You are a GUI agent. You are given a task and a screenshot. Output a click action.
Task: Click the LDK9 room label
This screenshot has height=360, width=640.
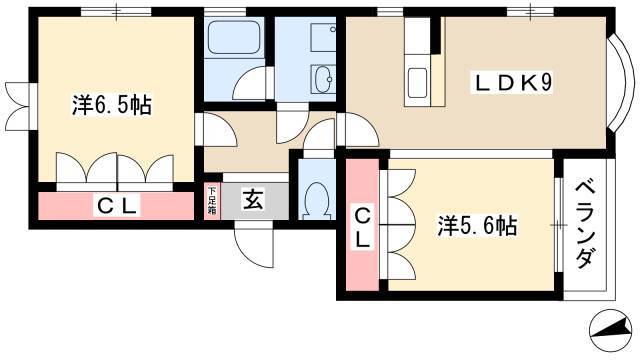pos(512,83)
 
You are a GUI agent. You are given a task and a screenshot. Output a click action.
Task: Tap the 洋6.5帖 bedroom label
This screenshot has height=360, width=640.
pos(112,105)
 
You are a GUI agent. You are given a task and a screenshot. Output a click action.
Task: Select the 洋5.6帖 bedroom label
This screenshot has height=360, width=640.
pos(477,225)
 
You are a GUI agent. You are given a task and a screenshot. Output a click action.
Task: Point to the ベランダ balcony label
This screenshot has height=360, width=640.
pos(584,224)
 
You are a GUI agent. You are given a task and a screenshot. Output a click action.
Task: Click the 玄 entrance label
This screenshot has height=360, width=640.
pos(253,200)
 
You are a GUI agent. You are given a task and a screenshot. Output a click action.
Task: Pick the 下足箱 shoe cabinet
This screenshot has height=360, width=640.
pos(212,201)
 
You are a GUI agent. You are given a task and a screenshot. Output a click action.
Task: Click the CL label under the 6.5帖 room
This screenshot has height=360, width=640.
pos(116,205)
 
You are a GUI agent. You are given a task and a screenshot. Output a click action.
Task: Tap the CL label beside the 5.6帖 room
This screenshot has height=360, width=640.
pos(362,228)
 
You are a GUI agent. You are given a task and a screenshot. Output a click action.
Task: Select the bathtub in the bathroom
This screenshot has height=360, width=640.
pos(234,38)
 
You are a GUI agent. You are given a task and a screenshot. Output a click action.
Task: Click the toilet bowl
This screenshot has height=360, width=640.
pos(317,200)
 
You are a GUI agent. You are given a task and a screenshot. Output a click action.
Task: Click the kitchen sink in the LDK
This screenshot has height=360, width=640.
pos(418,83)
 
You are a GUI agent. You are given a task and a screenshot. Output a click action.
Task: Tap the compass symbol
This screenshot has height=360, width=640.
pos(609,329)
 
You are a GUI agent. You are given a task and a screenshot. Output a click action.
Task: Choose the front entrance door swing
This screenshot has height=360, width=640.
pos(254,245)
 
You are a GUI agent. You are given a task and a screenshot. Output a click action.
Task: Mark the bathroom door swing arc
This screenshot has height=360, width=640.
pos(249,83)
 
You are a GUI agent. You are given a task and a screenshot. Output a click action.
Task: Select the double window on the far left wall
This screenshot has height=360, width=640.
pos(19,106)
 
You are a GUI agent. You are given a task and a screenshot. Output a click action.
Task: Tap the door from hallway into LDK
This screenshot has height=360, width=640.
pos(357,130)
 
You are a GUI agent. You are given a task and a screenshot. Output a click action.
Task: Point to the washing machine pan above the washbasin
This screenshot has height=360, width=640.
pos(323,38)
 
